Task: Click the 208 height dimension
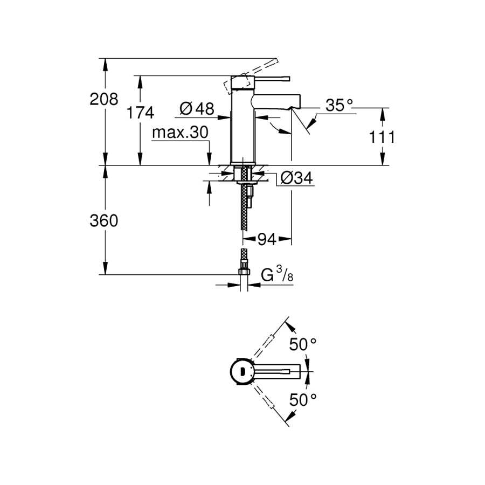(104, 99)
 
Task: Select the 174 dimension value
(140, 113)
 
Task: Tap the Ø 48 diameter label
(197, 108)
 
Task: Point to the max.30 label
(181, 133)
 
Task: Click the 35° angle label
(339, 105)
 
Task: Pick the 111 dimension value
(382, 137)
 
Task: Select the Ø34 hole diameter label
(296, 178)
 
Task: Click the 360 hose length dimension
(104, 221)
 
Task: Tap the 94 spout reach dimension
(267, 239)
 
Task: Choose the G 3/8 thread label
(277, 275)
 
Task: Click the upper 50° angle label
(303, 344)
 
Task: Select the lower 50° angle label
(303, 400)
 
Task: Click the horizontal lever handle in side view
(272, 78)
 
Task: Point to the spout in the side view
(277, 101)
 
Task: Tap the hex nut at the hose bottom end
(244, 271)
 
